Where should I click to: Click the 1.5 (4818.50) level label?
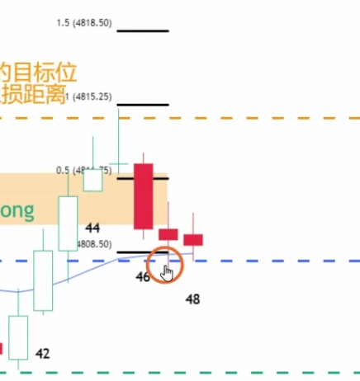(83, 24)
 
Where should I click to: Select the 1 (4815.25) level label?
(92, 96)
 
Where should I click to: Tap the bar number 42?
(43, 354)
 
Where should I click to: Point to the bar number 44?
(92, 228)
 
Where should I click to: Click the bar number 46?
(143, 277)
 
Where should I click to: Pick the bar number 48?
(193, 299)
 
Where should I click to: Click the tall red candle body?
(144, 196)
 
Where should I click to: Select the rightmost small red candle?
(193, 240)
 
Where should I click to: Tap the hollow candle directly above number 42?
(18, 336)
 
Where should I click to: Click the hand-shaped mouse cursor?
(168, 271)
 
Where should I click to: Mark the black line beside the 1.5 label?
(143, 31)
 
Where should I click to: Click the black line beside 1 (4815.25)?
(143, 105)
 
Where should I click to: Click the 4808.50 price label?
(92, 245)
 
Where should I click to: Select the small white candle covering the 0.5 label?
(92, 179)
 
